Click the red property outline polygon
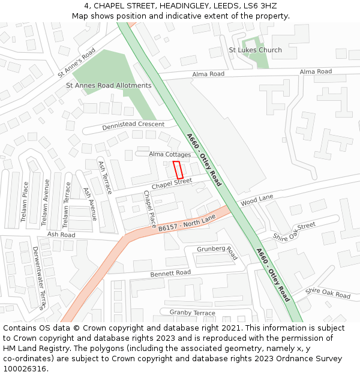click(x=178, y=170)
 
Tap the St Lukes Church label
click(x=255, y=50)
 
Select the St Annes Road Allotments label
click(x=109, y=86)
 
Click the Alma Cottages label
click(x=170, y=154)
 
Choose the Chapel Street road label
click(x=172, y=184)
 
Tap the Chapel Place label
click(x=149, y=205)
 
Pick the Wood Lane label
click(x=257, y=200)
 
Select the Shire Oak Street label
click(x=294, y=231)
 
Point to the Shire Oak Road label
click(x=328, y=293)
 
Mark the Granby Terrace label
click(x=192, y=313)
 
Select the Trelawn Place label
click(x=25, y=202)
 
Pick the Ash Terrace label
click(x=104, y=178)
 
